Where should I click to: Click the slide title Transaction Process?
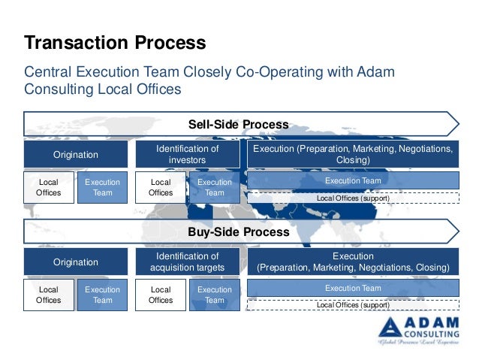[x=115, y=41]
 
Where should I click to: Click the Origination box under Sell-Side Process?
[x=75, y=155]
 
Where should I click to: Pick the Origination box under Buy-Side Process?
[x=75, y=262]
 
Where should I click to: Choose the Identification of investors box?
[x=187, y=155]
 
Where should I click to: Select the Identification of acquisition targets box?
[x=187, y=262]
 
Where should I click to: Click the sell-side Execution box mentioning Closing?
[x=353, y=155]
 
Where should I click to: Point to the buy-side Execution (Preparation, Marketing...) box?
[x=353, y=262]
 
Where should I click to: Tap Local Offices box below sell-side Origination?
[x=49, y=187]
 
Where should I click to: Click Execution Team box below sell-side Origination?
[x=102, y=187]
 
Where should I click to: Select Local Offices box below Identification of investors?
[x=161, y=187]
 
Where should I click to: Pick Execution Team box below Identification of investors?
[x=215, y=187]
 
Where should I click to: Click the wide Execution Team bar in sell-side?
[x=353, y=181]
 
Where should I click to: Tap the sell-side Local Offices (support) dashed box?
[x=353, y=198]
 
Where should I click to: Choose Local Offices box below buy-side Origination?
[x=49, y=295]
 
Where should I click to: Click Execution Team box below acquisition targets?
[x=215, y=295]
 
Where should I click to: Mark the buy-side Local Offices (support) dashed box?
[x=353, y=305]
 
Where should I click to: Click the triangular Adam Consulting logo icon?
[x=392, y=327]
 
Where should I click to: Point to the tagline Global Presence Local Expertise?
[x=420, y=343]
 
